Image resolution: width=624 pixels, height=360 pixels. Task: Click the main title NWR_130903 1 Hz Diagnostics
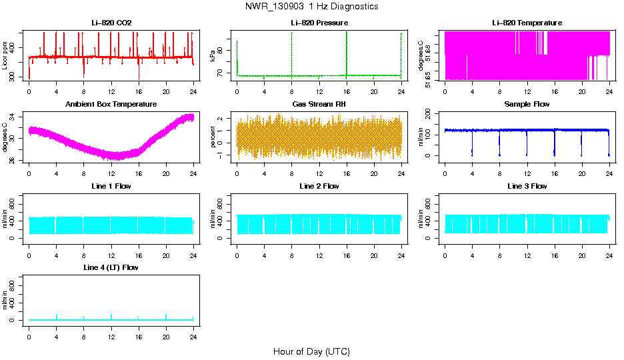(311, 7)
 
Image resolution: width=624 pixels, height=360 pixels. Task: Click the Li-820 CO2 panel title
(111, 23)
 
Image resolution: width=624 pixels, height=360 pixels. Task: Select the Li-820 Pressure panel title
(319, 23)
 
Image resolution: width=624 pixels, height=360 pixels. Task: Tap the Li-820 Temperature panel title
(527, 23)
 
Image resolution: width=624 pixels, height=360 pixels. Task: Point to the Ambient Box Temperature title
(111, 105)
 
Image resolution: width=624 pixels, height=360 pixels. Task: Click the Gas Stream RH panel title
(319, 105)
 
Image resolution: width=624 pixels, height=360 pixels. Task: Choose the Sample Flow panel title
(527, 105)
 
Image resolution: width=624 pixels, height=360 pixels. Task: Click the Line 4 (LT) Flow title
(111, 267)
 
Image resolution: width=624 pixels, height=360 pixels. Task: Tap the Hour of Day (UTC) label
(311, 351)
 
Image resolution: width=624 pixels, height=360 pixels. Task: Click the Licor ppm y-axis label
(5, 55)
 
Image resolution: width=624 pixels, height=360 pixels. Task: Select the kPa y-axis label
(213, 55)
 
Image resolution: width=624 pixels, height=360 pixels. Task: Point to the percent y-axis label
(213, 137)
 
